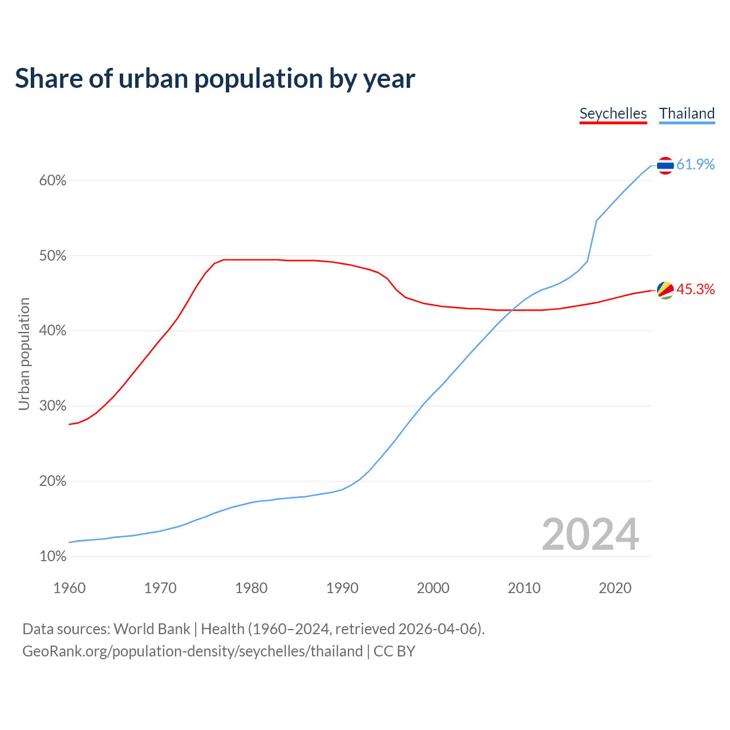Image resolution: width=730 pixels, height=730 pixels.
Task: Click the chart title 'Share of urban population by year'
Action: tap(214, 79)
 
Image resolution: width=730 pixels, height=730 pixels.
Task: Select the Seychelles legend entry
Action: tap(613, 113)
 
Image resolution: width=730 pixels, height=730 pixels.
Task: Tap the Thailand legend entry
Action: tap(687, 113)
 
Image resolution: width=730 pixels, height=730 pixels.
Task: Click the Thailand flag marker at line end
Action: tap(665, 165)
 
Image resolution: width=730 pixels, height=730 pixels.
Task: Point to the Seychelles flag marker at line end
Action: tap(665, 290)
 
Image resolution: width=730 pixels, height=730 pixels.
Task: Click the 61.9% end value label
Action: tap(695, 165)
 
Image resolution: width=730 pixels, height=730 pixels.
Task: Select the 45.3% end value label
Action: tap(695, 290)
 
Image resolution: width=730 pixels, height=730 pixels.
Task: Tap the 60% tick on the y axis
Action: tap(52, 181)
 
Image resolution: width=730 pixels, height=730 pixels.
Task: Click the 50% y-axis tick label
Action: tap(52, 256)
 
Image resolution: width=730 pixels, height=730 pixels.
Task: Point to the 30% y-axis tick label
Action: tap(52, 406)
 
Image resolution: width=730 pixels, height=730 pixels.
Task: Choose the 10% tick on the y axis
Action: tap(52, 556)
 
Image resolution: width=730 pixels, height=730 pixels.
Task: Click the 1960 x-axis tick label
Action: tap(69, 588)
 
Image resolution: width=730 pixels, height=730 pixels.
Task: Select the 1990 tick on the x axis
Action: tap(342, 588)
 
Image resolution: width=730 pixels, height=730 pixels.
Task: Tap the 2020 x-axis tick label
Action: tap(615, 588)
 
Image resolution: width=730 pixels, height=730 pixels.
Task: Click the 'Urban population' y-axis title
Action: tap(24, 354)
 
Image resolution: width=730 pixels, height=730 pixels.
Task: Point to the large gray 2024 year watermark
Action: tap(590, 534)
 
